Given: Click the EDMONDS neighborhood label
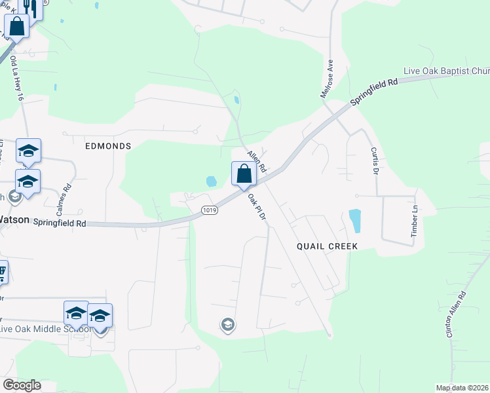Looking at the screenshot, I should [x=108, y=146].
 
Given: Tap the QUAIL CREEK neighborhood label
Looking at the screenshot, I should [x=327, y=246].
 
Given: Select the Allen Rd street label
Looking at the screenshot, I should [x=256, y=160].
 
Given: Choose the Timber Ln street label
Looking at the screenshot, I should [x=414, y=221].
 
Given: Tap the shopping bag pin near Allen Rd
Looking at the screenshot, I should [x=244, y=175].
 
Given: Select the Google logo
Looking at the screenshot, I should [x=22, y=385].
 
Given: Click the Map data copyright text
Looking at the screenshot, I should [x=461, y=388].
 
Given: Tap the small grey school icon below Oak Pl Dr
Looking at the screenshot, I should [x=227, y=325].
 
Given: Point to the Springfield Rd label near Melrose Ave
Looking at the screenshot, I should [x=375, y=93].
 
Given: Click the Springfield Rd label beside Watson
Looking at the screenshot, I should [x=60, y=223].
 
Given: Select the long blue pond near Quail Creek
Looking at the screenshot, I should [x=355, y=221].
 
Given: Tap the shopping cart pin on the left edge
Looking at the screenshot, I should [x=2, y=271].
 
